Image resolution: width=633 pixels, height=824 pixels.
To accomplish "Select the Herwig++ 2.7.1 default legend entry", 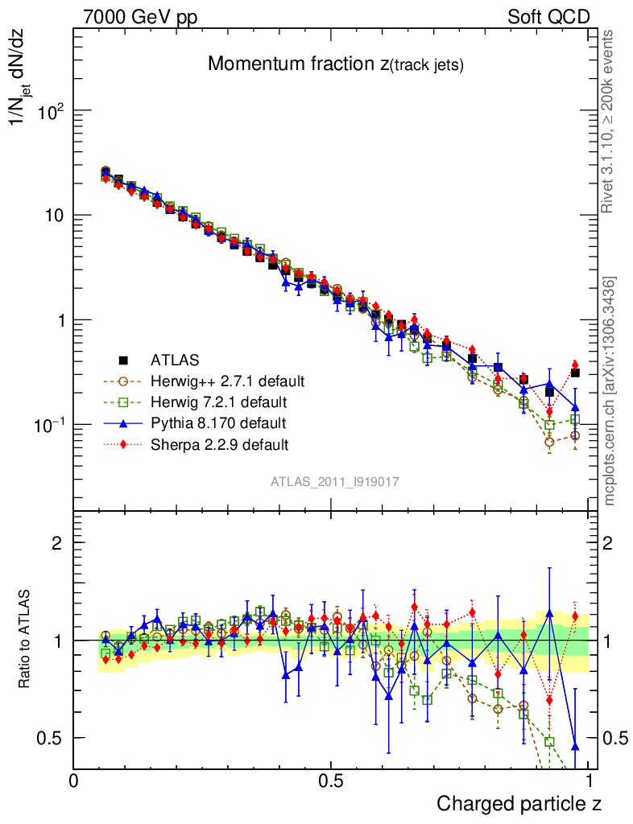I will pos(227,381).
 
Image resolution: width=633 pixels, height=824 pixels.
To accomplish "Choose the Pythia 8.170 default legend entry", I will pos(217,422).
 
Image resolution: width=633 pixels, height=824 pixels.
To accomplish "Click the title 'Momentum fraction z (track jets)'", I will pos(335,65).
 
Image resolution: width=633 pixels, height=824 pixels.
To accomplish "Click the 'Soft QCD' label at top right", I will pos(548,17).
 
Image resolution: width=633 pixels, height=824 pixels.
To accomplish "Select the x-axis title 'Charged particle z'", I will pos(519,803).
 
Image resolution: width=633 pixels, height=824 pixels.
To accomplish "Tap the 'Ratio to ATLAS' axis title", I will pos(25,641).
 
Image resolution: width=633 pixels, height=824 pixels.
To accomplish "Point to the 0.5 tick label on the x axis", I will pos(330,781).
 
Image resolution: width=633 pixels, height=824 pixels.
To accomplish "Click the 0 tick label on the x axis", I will pos(74,781).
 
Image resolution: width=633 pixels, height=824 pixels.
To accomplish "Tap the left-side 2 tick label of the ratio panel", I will pos(57,543).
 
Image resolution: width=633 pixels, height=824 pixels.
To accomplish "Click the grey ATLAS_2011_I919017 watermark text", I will pos(335,481).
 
